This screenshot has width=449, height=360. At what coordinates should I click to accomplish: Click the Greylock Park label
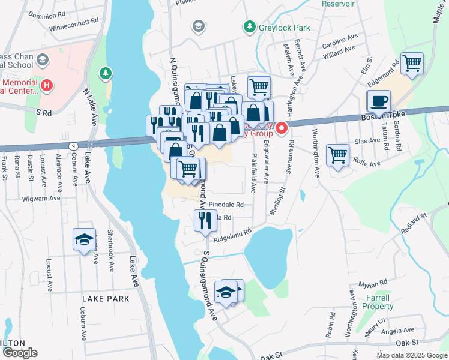tap(276, 28)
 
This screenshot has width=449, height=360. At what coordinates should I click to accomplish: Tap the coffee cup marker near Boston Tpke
tap(379, 101)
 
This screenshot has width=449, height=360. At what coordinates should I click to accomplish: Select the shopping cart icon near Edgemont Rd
tap(412, 63)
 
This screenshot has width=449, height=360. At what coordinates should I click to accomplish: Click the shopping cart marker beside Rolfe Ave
tap(338, 155)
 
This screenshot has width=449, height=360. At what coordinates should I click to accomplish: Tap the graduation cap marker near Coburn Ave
tap(84, 239)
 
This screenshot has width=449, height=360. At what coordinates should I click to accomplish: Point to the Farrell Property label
tap(377, 302)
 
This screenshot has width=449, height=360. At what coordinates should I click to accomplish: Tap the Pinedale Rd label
tap(228, 205)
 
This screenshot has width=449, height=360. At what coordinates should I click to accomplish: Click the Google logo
tap(20, 353)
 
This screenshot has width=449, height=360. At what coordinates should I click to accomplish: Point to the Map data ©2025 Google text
tap(411, 355)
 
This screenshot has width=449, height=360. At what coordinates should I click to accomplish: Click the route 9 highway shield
tap(73, 145)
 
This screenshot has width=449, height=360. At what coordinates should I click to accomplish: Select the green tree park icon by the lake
tap(106, 73)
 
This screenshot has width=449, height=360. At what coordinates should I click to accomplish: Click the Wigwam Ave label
tap(42, 197)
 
